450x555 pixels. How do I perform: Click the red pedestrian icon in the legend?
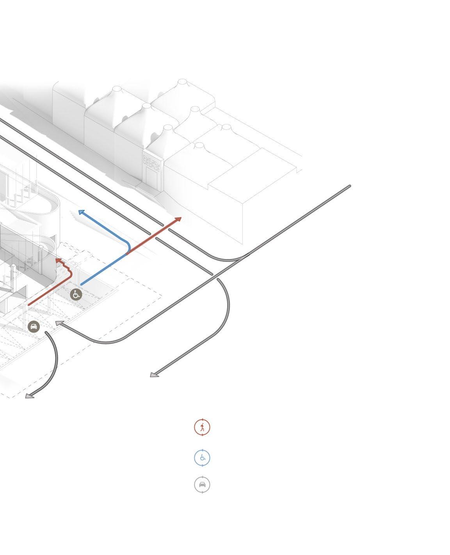coord(202,427)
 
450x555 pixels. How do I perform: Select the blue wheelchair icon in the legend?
coord(202,457)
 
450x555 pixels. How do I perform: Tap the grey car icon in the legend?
coord(202,485)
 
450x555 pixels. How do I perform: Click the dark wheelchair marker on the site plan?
coord(76,294)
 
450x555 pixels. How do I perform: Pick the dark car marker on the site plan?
coord(34,326)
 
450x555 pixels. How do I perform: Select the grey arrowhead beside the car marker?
coord(59,323)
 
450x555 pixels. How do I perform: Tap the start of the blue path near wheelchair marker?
coord(81,285)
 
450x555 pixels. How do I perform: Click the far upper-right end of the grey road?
coord(349,186)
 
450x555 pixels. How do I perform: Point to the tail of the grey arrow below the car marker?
coord(46,332)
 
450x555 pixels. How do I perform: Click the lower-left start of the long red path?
coord(29,305)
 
